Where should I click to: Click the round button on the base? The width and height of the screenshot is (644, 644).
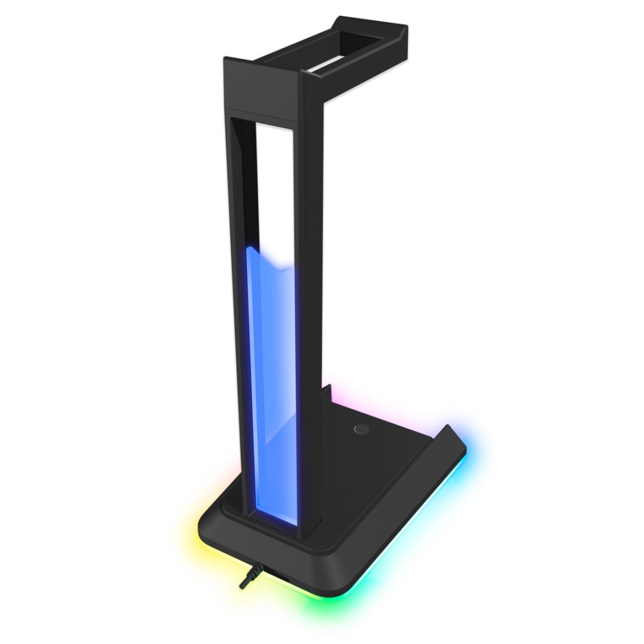pyautogui.click(x=361, y=429)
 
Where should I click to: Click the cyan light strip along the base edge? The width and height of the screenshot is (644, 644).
pyautogui.click(x=417, y=537)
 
